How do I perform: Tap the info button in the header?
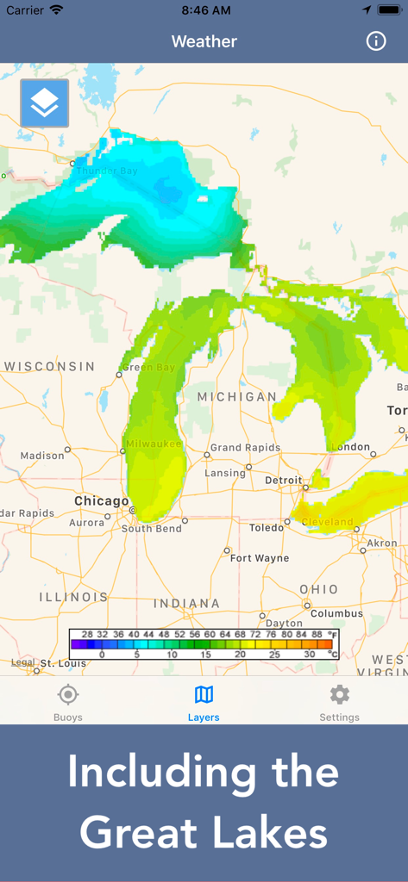(x=376, y=41)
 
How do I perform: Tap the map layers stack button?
(x=44, y=103)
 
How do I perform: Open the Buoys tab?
(x=68, y=702)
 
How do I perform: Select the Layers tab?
(x=204, y=702)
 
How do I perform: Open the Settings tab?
(x=339, y=702)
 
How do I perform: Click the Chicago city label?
(x=101, y=500)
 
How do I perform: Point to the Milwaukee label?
(x=154, y=444)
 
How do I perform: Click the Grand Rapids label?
(x=245, y=448)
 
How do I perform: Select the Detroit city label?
(x=283, y=480)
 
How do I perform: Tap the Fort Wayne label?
(x=260, y=558)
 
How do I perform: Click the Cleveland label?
(x=327, y=522)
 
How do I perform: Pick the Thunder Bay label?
(x=106, y=171)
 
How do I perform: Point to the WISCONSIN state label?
(x=49, y=366)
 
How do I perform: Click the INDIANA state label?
(x=186, y=603)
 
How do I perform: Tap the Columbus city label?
(x=336, y=614)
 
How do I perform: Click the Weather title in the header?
(x=204, y=41)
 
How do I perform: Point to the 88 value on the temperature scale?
(x=317, y=634)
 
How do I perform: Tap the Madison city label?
(x=42, y=456)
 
